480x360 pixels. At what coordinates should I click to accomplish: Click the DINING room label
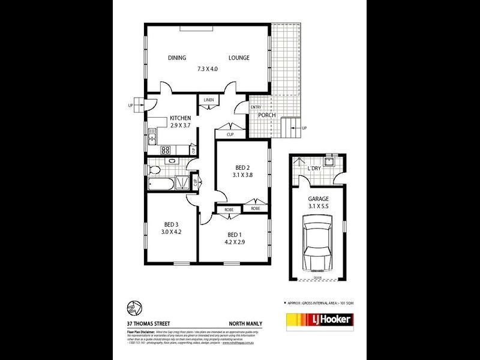coord(177,58)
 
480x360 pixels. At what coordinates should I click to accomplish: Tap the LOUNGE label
coord(239,58)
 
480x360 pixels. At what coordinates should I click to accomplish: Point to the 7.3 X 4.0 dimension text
coord(208,69)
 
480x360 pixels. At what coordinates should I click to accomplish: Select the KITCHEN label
coord(180,118)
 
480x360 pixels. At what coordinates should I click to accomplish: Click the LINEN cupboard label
coord(209,100)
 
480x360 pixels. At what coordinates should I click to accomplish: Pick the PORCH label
coord(267,115)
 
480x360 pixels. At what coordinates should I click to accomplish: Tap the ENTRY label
coord(247,107)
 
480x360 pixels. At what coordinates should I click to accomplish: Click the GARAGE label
coord(319,198)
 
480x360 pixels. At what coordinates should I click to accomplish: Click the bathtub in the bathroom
coord(160,182)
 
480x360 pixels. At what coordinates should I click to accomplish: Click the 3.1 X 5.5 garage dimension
coord(319,206)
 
